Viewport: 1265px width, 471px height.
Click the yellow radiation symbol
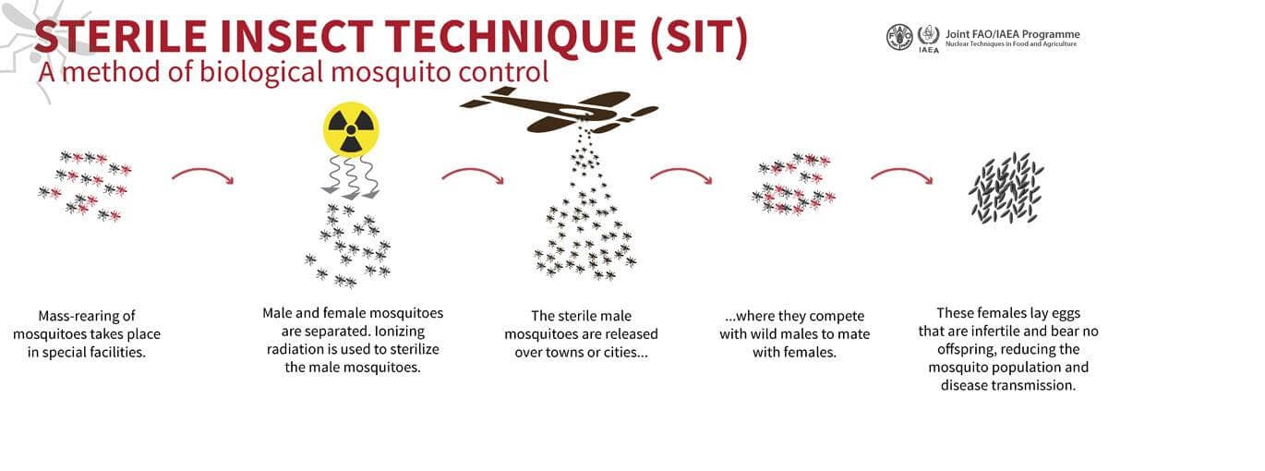pos(351,129)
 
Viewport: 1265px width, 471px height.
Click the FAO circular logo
pos(899,37)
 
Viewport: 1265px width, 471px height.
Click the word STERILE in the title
pos(120,37)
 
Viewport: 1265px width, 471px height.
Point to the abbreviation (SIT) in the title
pos(699,37)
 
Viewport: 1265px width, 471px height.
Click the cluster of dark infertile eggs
pos(1006,187)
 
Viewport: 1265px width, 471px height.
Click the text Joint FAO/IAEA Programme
pos(1013,34)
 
